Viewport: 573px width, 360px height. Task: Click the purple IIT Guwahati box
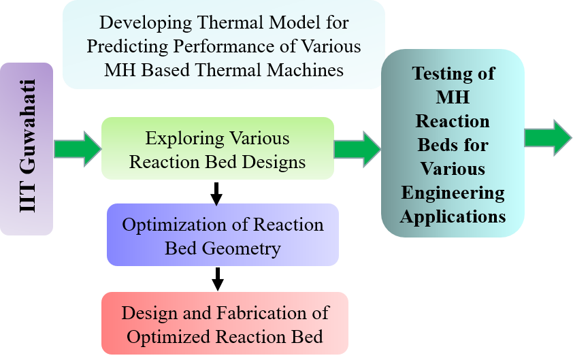[x=27, y=149]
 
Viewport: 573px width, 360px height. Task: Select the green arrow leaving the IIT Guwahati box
[x=78, y=149]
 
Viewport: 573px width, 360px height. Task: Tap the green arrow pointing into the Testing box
[x=358, y=150]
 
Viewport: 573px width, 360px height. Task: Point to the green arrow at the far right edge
[x=548, y=138]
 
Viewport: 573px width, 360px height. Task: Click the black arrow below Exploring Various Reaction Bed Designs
[x=216, y=194]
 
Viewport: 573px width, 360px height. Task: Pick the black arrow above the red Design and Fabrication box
[x=218, y=279]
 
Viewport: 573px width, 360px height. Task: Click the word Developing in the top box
[x=146, y=23]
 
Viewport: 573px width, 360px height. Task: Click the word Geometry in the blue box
[x=241, y=249]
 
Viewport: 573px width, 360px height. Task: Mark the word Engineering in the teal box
[x=453, y=193]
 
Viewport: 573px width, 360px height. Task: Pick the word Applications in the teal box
[x=453, y=217]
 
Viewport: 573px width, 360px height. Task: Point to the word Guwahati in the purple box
[x=27, y=127]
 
